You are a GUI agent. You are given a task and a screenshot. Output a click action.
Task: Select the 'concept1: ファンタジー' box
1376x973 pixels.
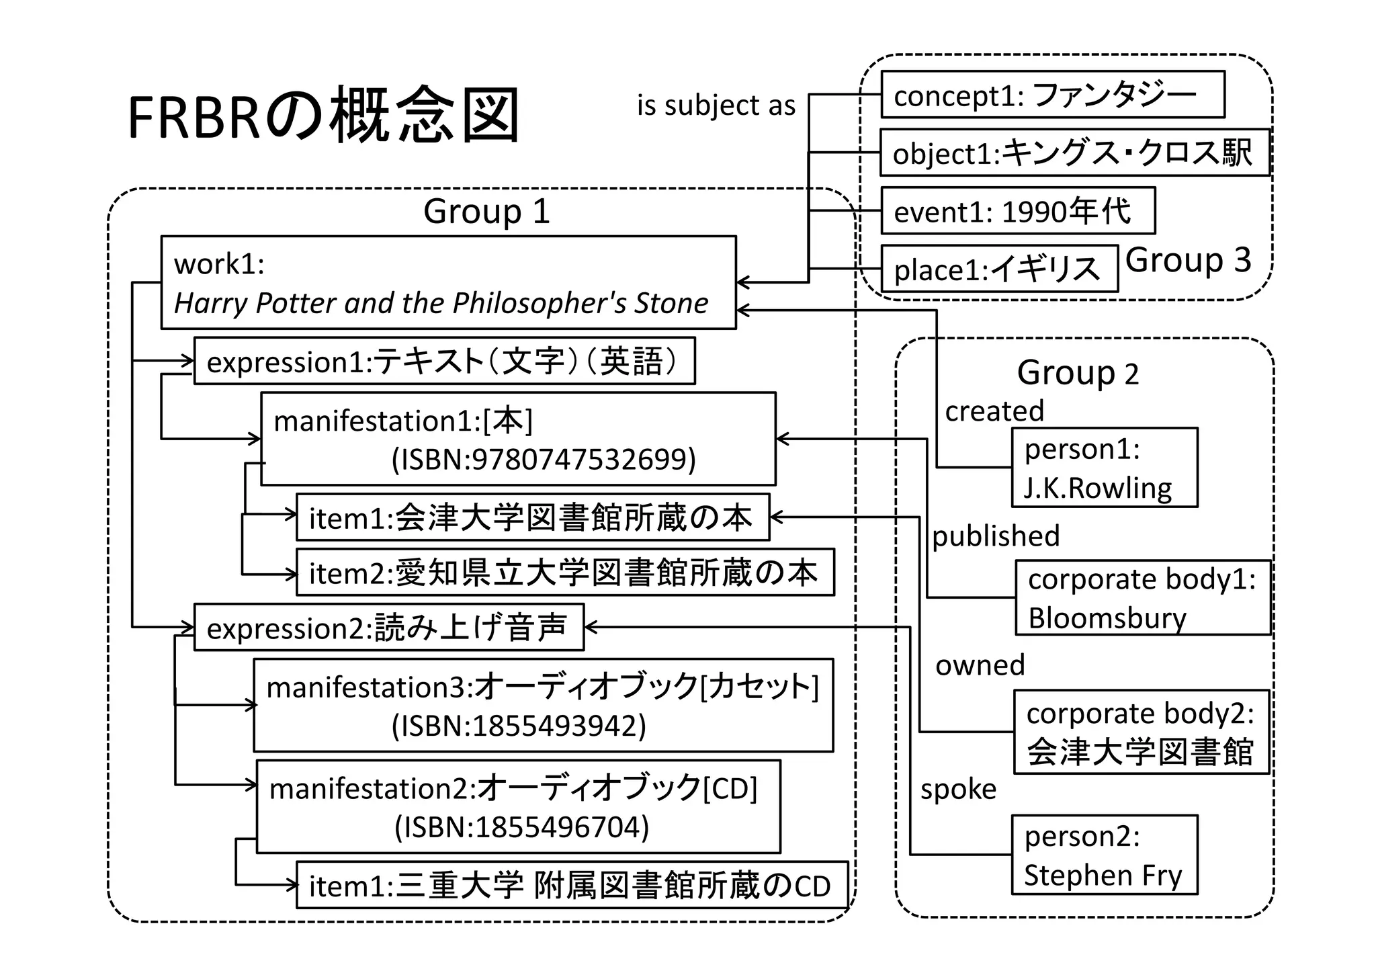[x=1052, y=95]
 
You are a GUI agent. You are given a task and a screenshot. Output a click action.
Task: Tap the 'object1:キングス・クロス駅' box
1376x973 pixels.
[x=1074, y=153]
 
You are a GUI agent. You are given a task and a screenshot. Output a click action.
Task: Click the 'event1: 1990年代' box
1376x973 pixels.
[x=1017, y=211]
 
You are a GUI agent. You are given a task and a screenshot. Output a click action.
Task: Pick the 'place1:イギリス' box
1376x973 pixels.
[x=998, y=269]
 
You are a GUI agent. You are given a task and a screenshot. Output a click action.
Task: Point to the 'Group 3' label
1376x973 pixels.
[x=1188, y=260]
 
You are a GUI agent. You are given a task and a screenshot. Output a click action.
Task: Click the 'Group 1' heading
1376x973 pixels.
[x=486, y=212]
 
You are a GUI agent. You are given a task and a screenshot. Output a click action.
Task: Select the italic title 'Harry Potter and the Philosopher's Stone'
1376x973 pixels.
[x=441, y=303]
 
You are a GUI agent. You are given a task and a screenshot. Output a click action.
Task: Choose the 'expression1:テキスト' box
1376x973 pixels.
[x=444, y=362]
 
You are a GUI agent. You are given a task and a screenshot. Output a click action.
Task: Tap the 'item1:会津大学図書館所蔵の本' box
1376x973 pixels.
[x=532, y=518]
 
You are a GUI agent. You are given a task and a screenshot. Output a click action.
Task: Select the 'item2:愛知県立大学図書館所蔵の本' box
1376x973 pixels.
[x=564, y=573]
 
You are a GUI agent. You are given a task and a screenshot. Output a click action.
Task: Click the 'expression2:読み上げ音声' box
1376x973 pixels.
[x=388, y=628]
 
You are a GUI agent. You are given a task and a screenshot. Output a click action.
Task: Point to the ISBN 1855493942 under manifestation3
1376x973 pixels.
[x=519, y=726]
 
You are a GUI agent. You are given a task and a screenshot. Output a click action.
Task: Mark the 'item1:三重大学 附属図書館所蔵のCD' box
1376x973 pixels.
[x=571, y=886]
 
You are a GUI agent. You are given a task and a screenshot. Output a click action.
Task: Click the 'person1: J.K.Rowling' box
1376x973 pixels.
[x=1104, y=468]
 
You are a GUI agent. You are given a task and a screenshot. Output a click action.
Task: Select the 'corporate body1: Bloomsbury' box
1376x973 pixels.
[x=1142, y=597]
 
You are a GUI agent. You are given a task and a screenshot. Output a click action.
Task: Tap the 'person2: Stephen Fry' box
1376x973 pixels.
[x=1104, y=855]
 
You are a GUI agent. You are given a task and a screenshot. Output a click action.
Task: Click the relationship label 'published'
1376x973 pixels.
[x=995, y=536]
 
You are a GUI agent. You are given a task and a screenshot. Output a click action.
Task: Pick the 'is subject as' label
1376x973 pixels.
[x=716, y=105]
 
